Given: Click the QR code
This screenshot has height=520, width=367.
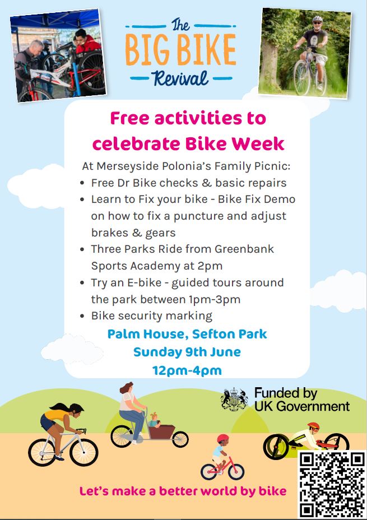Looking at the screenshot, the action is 332,485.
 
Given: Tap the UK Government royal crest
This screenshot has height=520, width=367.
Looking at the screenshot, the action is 235,399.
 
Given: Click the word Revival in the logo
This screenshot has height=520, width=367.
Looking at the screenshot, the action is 180,78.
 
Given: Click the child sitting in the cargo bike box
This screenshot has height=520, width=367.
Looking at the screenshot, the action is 154,420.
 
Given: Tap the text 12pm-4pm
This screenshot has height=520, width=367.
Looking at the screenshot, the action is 187,370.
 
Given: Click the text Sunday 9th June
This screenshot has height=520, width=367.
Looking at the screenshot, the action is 187,352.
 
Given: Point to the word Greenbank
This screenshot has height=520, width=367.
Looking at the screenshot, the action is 244,249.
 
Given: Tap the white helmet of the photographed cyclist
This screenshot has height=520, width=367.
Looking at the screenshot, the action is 317,18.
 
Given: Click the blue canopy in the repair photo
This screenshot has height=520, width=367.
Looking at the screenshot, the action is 55,19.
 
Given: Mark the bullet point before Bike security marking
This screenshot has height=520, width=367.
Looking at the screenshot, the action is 82,316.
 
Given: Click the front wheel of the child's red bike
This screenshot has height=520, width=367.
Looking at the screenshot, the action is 236,471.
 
